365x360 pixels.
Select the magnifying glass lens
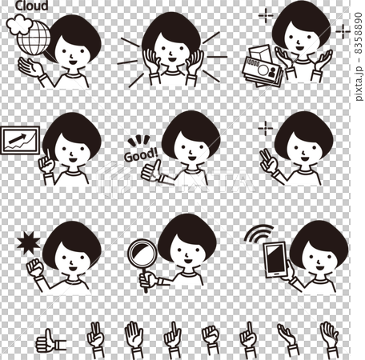[x=143, y=254]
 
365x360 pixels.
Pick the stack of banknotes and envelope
[x=262, y=63]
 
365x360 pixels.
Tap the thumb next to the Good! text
[x=150, y=170]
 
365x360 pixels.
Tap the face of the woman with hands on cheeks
[x=171, y=56]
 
